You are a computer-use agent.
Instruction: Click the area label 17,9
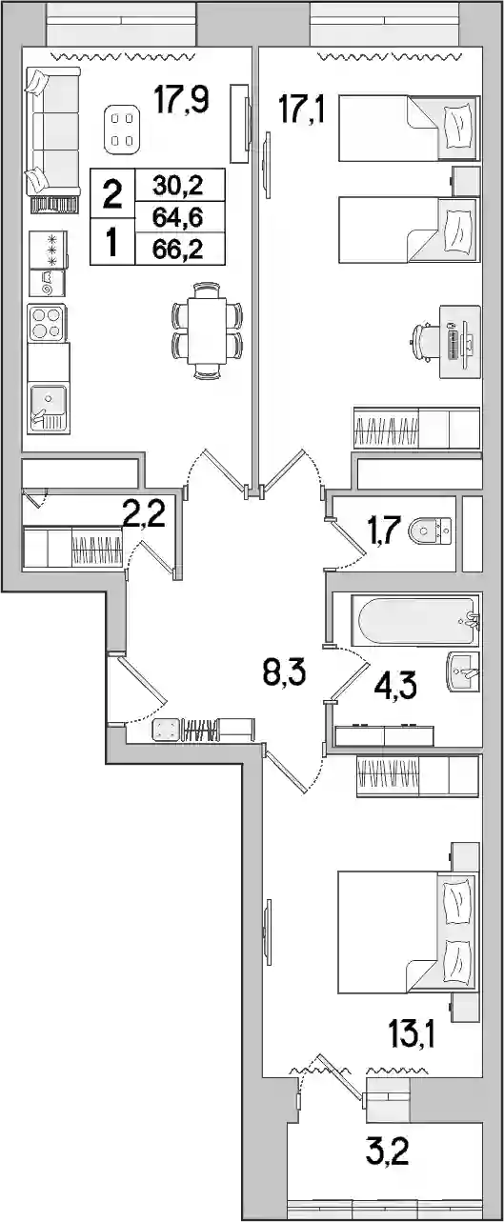(x=182, y=100)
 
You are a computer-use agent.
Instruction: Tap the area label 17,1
(x=301, y=110)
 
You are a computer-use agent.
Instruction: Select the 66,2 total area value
(x=178, y=250)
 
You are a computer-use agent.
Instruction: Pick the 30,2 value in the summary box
(x=178, y=186)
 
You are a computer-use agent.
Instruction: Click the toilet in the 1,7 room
(x=430, y=531)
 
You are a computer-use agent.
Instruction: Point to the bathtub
(x=415, y=620)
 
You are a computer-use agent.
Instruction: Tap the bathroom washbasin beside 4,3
(x=463, y=671)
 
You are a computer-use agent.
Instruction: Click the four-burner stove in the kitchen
(x=48, y=323)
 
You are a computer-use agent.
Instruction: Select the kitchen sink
(x=49, y=409)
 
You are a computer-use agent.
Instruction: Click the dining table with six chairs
(x=207, y=331)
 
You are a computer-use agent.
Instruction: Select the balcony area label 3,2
(x=387, y=1152)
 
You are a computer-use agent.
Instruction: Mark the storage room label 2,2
(x=144, y=514)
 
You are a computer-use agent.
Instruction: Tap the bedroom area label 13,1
(x=412, y=1035)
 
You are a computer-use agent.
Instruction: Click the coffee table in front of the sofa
(x=122, y=129)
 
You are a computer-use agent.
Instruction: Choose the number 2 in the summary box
(x=112, y=194)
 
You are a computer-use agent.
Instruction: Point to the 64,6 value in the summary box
(x=178, y=218)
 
